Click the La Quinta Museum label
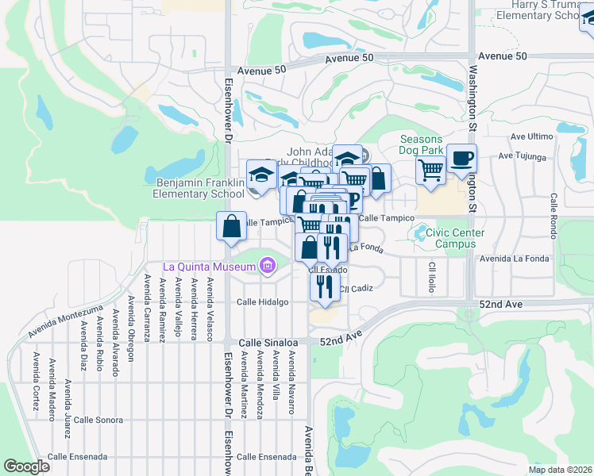click(x=210, y=266)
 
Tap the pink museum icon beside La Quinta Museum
click(x=268, y=266)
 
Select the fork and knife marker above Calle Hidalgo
click(x=324, y=286)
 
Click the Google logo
click(x=26, y=466)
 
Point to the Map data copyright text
click(x=560, y=470)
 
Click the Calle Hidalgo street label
click(x=262, y=302)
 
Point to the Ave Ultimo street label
click(x=531, y=136)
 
